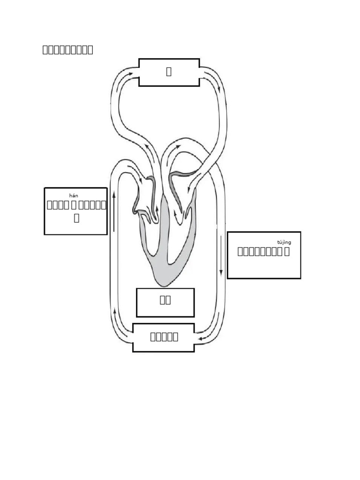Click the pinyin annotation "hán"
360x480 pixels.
(74, 196)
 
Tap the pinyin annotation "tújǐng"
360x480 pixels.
(284, 242)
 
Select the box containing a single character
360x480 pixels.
(169, 72)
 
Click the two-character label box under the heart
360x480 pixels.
(165, 302)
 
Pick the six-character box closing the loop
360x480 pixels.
(164, 337)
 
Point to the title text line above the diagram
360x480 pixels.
(67, 50)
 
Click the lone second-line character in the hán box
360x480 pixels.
(76, 218)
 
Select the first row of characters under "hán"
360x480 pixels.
(76, 205)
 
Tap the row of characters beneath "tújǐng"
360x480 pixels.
(263, 251)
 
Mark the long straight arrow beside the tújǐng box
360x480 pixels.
(221, 255)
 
